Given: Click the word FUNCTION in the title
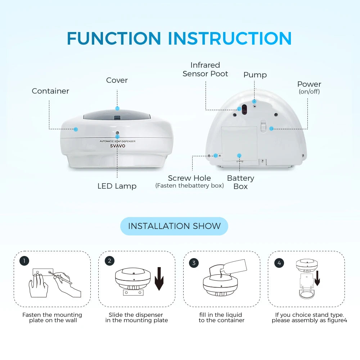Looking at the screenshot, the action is coord(114,39).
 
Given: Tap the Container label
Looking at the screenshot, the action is coord(50,91).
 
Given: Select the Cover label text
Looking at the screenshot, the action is coord(117,80).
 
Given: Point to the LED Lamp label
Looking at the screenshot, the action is coord(117,186).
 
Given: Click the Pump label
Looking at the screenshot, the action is coord(255,75).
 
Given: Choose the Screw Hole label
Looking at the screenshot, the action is coord(189,178).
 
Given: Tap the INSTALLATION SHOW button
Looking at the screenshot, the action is coord(174,226).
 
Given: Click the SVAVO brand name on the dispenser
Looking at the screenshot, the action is coord(118,146).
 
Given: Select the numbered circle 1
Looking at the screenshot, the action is coord(24,261).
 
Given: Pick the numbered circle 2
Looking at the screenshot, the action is coord(109,261).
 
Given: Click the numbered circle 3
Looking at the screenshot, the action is coord(194,263).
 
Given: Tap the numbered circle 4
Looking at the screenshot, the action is coord(279,263).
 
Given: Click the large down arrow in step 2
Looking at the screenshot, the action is coord(159,279).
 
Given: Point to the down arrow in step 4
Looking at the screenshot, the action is coord(317,278).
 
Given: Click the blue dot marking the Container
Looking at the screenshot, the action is coord(76,129).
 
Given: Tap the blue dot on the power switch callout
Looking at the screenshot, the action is coord(271,129).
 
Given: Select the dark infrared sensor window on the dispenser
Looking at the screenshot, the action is coord(244,109).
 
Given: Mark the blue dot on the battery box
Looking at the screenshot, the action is coord(239,156).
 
